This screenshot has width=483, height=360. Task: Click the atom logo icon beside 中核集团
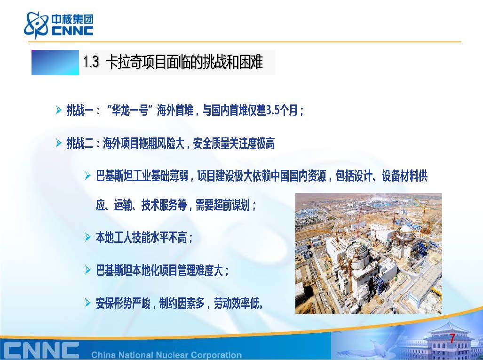[36, 24]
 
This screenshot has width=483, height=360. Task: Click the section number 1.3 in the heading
[91, 62]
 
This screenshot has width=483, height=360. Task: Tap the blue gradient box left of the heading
[55, 63]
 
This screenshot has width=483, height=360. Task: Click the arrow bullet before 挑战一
[58, 110]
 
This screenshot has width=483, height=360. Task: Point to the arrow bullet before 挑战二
[58, 143]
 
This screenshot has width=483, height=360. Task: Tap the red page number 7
[452, 338]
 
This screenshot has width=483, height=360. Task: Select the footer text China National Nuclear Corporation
[166, 355]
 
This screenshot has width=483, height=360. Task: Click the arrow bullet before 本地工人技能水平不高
[88, 237]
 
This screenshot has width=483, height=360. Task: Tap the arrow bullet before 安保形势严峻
[88, 303]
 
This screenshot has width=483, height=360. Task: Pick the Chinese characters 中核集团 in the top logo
[72, 19]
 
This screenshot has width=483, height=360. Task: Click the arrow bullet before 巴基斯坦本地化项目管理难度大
[88, 270]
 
